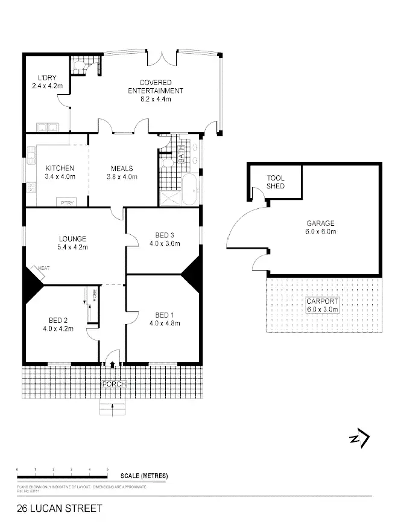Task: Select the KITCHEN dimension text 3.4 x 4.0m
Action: pos(60,177)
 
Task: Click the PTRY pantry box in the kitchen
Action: pos(66,202)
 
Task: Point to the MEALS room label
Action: pos(122,168)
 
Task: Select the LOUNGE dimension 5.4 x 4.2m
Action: pos(72,247)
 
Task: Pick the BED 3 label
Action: pos(164,235)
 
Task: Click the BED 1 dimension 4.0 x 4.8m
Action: pos(165,323)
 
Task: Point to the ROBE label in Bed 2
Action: pos(95,295)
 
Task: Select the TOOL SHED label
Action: pos(276,182)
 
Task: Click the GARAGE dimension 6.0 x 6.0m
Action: pos(321,231)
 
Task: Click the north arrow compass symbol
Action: pos(359,438)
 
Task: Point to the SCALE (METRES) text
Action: pos(144,476)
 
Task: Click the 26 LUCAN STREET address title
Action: pos(51,509)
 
